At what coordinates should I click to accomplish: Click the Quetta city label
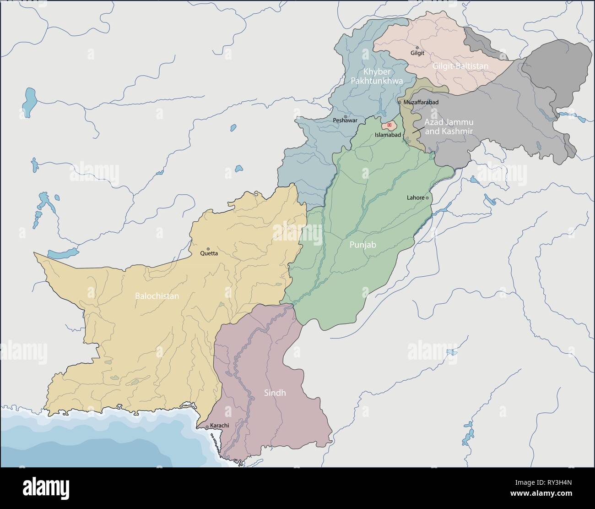click(x=209, y=253)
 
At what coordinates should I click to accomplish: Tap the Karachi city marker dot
click(x=207, y=427)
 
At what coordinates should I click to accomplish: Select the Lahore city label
click(x=416, y=198)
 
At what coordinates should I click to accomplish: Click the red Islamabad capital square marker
click(x=389, y=125)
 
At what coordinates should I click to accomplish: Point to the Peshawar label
click(x=345, y=120)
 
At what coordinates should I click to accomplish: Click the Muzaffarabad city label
click(x=421, y=102)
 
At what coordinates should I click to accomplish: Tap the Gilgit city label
click(x=417, y=53)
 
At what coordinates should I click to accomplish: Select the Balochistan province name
click(x=157, y=296)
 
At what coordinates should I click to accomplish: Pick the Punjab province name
click(x=362, y=245)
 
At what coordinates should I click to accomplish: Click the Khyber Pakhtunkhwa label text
click(x=377, y=77)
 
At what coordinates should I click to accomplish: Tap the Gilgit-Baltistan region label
click(x=460, y=66)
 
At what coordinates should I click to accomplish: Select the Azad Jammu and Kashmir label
click(x=449, y=127)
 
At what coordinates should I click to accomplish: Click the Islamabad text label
click(x=388, y=135)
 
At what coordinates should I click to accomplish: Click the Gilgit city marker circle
click(x=417, y=47)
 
